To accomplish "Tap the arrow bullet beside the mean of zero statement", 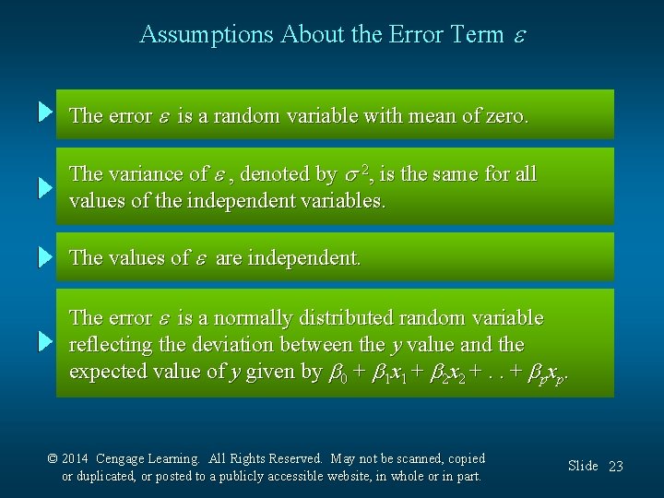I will [x=46, y=113].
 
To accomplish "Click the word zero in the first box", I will [x=504, y=116].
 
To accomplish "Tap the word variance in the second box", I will [x=148, y=174].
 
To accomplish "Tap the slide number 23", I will [x=615, y=467].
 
